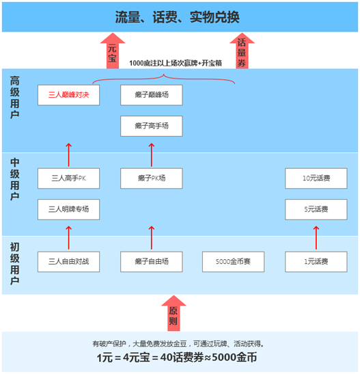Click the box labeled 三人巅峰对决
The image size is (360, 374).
pos(68,95)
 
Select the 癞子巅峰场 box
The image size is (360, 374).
pos(152,95)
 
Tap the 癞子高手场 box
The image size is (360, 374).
pos(152,126)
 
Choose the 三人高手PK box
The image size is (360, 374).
pos(68,178)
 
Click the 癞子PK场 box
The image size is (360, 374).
pos(152,178)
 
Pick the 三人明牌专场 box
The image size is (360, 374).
pos(68,209)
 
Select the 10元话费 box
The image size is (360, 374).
pos(316,178)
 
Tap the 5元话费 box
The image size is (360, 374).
pos(316,209)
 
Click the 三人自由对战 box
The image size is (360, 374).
pos(68,262)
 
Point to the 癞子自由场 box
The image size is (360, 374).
pos(152,262)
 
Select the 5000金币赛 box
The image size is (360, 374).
pos(233,262)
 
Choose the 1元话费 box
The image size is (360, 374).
pos(316,262)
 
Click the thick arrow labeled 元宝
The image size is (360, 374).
pos(113,51)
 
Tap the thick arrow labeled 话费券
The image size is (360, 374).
pos(242,51)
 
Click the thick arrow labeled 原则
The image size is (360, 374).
pos(174,313)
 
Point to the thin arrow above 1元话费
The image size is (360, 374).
pos(316,238)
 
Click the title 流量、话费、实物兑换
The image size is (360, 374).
pos(177,17)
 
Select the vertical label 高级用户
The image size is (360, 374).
pos(15,97)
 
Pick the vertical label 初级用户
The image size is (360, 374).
pos(15,264)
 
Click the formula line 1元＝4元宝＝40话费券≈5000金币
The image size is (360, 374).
pos(177,358)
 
